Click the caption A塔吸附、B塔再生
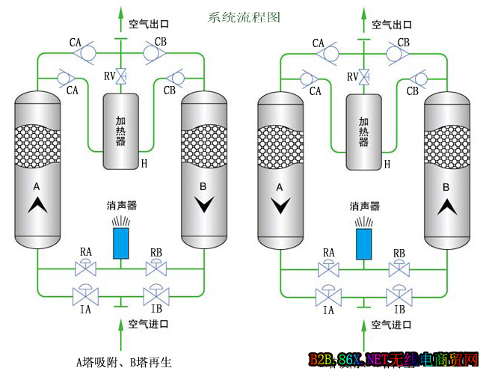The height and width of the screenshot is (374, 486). click(123, 363)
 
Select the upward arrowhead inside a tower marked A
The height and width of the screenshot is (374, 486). click(37, 205)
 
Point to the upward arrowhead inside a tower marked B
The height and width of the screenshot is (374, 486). click(446, 205)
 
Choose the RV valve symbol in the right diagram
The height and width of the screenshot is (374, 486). click(364, 76)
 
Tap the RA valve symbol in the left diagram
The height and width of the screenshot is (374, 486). click(85, 268)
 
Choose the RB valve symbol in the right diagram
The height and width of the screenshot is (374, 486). click(398, 268)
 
